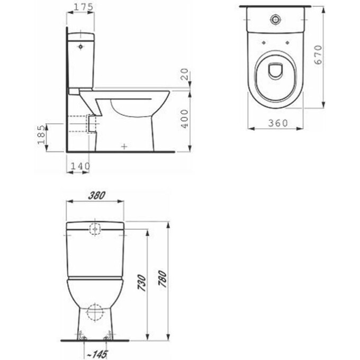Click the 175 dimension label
(80, 7)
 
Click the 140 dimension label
(80, 166)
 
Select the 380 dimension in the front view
(95, 195)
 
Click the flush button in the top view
(275, 20)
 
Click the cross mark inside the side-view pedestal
(124, 145)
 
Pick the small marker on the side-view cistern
(80, 47)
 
